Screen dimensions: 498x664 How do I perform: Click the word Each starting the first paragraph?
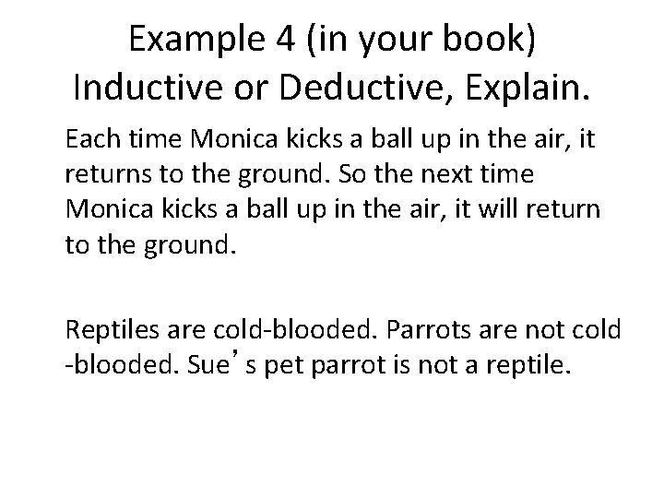pos(90,141)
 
